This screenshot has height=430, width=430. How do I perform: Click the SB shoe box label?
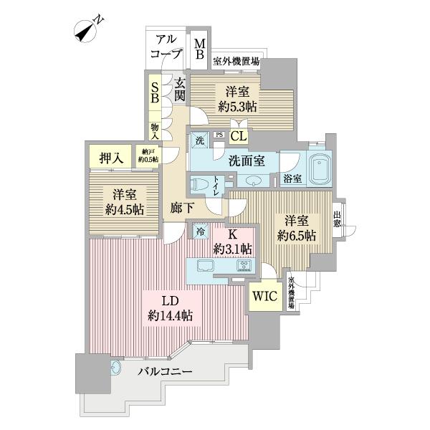click(x=154, y=92)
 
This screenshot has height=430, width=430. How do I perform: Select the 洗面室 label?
click(x=245, y=161)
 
